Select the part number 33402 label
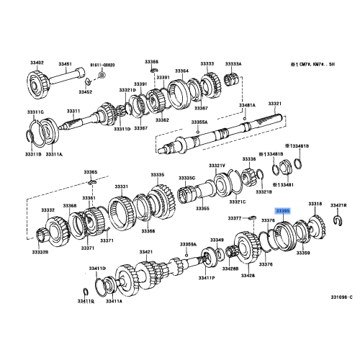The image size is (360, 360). tap(36, 63)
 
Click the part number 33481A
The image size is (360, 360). tap(247, 105)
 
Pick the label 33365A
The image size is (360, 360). tap(198, 123)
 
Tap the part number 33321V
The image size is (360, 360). tap(217, 166)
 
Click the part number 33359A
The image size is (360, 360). tap(188, 245)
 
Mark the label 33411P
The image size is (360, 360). tap(225, 277)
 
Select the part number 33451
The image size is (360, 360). tap(66, 64)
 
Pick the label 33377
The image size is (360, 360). tap(235, 217)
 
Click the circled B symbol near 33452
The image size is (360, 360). tap(102, 74)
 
